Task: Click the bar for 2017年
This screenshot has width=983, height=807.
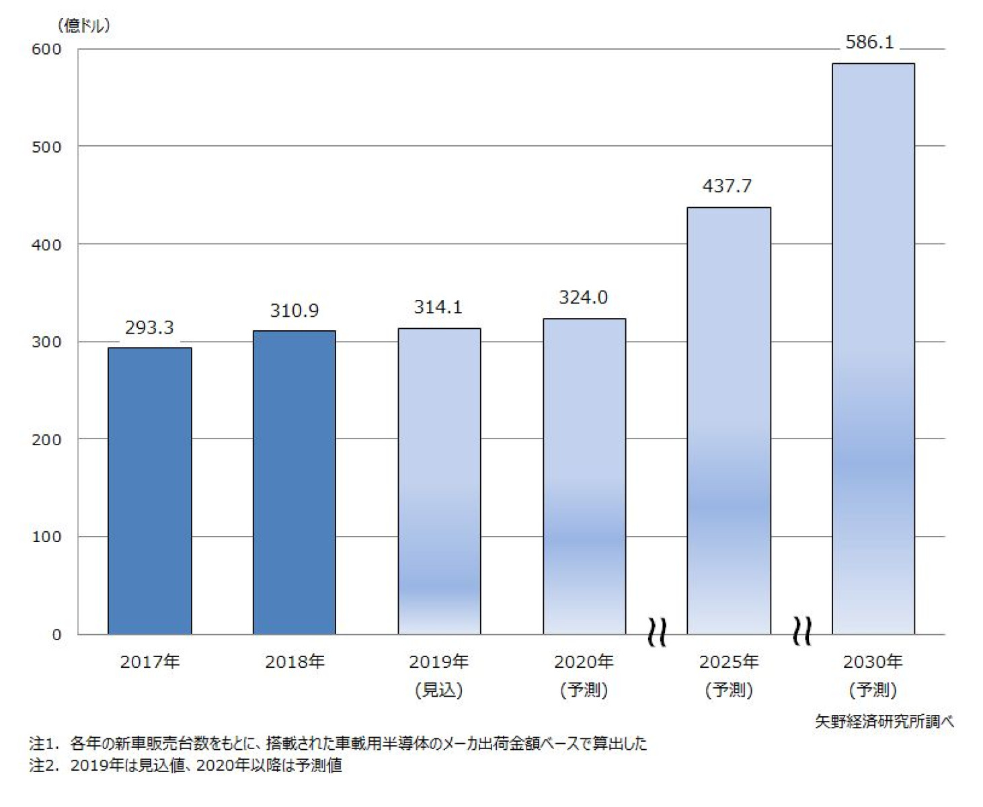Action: [x=150, y=491]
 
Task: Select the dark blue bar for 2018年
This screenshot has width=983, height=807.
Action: [x=294, y=482]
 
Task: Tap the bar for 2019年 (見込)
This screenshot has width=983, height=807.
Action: [x=439, y=481]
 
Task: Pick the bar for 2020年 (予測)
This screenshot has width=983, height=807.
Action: [x=584, y=476]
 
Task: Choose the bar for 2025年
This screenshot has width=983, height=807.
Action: [x=729, y=420]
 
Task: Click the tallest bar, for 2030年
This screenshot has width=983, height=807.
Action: [x=873, y=348]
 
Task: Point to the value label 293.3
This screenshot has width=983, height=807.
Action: [x=149, y=328]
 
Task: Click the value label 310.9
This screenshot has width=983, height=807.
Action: [x=294, y=311]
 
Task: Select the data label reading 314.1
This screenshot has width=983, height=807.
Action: [x=438, y=307]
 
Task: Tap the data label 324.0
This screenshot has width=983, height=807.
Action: [x=584, y=297]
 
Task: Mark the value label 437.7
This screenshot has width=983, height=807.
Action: [x=728, y=186]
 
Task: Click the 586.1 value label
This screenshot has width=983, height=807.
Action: [x=870, y=42]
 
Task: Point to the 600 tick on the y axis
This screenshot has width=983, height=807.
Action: [x=46, y=49]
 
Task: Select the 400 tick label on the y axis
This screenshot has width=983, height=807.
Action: [x=46, y=245]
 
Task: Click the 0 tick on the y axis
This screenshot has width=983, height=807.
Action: [x=56, y=635]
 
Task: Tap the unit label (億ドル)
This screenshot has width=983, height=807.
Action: [x=84, y=26]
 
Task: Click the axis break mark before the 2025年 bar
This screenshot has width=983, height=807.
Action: [x=657, y=632]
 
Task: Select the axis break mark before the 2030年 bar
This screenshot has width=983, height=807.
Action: [x=802, y=631]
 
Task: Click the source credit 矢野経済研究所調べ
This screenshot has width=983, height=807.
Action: [x=884, y=722]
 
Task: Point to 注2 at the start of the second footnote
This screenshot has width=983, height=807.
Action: [x=42, y=765]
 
